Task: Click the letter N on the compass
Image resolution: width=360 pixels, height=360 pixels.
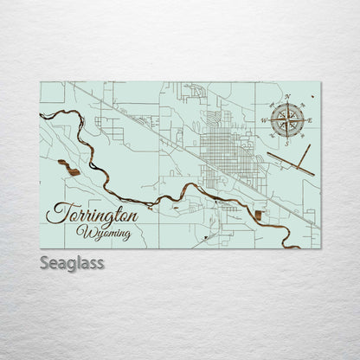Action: coord(286,97)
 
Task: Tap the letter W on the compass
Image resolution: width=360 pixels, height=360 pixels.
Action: coord(263,119)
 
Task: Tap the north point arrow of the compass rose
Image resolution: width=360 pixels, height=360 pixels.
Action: coord(286,105)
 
